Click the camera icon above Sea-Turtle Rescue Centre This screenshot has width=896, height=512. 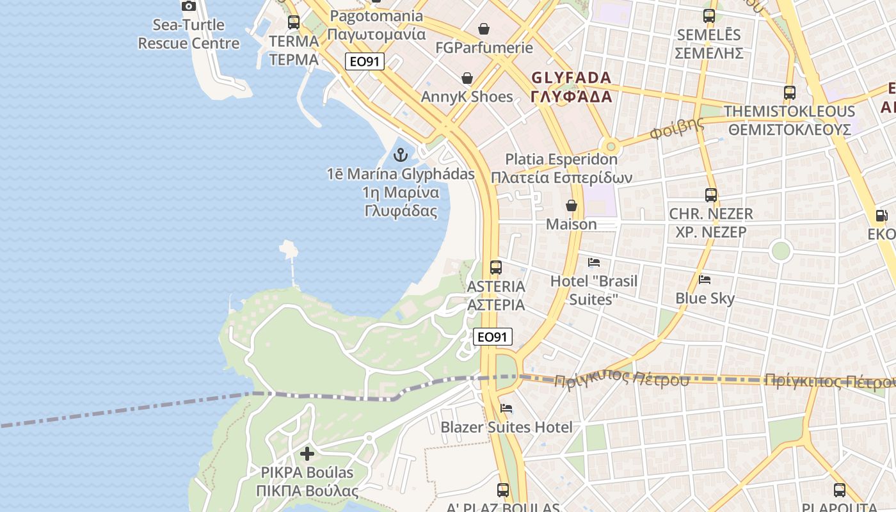click(x=189, y=6)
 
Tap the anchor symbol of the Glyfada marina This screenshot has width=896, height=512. click(x=401, y=155)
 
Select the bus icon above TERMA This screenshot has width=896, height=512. click(x=294, y=22)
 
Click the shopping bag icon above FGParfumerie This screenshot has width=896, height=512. click(x=484, y=29)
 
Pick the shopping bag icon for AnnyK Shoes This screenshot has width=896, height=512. click(x=468, y=78)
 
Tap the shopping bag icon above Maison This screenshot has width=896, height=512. click(x=572, y=205)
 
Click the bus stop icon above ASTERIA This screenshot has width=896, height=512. click(x=496, y=268)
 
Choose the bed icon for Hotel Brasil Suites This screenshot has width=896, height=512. click(x=594, y=262)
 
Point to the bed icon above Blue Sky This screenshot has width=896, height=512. click(x=705, y=280)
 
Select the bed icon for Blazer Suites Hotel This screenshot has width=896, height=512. click(x=506, y=408)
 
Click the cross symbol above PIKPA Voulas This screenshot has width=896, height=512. click(x=307, y=454)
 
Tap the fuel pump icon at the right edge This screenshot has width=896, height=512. click(x=881, y=216)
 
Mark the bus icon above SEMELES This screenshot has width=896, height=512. click(x=709, y=16)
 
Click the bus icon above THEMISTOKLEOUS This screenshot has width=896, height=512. click(x=790, y=93)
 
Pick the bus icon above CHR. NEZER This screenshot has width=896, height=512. click(x=711, y=195)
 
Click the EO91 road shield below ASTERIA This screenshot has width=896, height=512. click(x=493, y=337)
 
